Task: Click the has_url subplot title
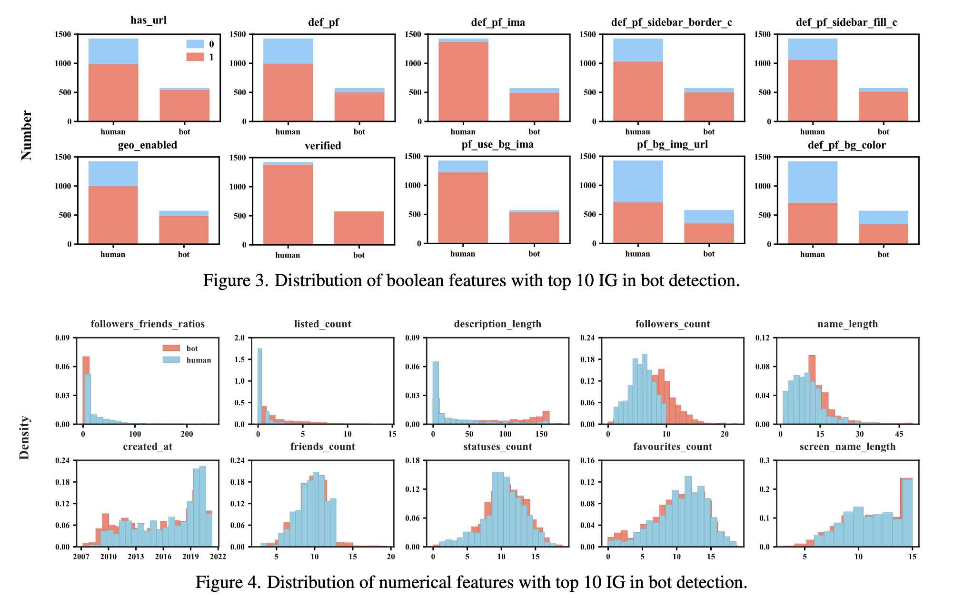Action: point(149,20)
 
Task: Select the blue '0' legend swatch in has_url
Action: point(195,44)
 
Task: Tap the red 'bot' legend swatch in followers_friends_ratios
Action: point(171,349)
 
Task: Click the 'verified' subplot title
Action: point(323,146)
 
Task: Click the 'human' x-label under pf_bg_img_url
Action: point(637,254)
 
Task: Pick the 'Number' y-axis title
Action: point(27,136)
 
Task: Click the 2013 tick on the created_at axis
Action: point(136,557)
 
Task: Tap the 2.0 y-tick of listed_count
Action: point(240,338)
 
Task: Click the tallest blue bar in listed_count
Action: point(260,386)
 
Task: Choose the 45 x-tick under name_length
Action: point(899,434)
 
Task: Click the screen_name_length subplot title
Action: point(847,447)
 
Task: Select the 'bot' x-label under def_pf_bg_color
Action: point(884,255)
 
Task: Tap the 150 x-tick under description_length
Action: point(541,434)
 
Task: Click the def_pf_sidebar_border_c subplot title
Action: point(671,22)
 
